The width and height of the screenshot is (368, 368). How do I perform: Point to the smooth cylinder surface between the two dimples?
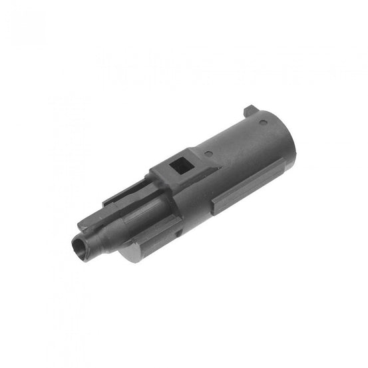coord(233,140)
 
